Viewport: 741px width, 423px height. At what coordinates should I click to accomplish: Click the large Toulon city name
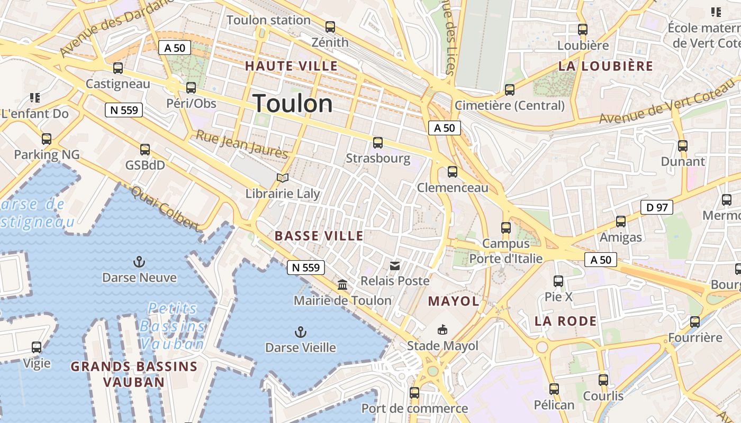pos(293,103)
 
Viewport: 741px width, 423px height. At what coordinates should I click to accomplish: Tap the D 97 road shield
pos(656,207)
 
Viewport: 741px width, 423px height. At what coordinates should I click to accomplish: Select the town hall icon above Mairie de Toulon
pos(342,285)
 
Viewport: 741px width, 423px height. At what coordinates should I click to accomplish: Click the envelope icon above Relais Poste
pos(395,265)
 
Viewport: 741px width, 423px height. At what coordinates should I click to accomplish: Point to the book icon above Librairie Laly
pos(283,178)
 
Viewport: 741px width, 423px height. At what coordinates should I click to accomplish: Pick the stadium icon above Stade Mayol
pos(442,330)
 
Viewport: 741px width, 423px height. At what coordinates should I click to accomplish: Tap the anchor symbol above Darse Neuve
pos(139,261)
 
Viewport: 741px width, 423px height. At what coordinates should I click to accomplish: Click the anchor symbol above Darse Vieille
pos(300,332)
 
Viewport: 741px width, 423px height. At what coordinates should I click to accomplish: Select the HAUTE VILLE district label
pos(291,66)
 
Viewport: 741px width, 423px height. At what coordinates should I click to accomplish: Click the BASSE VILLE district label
pos(319,236)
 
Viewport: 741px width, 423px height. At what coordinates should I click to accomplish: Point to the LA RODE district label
pos(565,321)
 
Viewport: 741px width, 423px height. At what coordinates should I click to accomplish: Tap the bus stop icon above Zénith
pos(330,26)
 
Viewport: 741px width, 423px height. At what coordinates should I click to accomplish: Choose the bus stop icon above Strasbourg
pos(377,142)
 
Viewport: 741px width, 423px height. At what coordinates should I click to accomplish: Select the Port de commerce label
pos(414,408)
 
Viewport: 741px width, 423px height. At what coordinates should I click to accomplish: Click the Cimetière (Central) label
pos(509,105)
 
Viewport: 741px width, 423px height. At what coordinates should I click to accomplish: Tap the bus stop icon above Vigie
pos(37,347)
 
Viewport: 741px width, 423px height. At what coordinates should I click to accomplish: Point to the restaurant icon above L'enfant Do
pos(35,97)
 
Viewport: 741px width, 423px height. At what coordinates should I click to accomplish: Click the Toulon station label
pos(268,20)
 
